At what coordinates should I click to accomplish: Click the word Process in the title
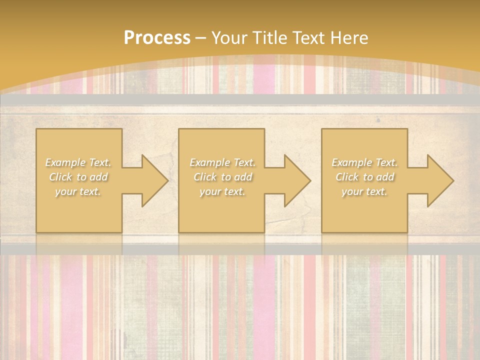point(157,38)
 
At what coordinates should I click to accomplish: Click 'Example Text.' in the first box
point(78,162)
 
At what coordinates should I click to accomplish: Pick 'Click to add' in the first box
point(78,177)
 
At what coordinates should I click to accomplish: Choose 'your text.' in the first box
point(78,191)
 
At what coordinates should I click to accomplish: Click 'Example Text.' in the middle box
point(222,162)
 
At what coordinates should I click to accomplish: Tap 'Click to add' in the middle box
point(222,177)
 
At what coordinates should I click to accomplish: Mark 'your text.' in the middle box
point(222,191)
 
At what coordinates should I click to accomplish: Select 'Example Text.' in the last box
point(364,162)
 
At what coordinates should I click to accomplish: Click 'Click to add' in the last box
point(364,177)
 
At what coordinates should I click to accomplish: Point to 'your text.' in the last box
point(364,191)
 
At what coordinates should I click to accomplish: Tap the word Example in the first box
point(65,162)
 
